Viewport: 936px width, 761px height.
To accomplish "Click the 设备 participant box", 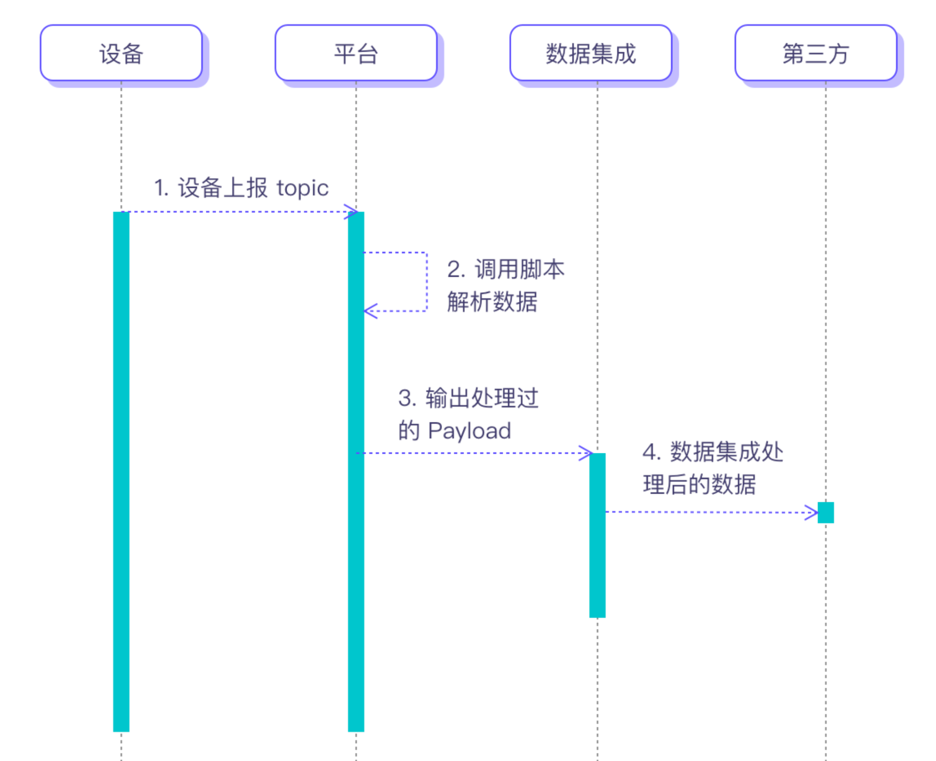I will pos(121,53).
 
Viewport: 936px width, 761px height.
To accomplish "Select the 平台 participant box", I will pos(356,53).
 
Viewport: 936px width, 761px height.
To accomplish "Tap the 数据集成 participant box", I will pos(591,53).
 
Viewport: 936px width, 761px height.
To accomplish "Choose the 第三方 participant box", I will pos(816,53).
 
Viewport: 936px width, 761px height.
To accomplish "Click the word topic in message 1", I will pos(302,188).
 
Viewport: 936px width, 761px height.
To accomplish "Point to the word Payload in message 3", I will pos(469,431).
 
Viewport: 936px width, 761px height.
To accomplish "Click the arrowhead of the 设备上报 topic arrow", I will pos(351,212).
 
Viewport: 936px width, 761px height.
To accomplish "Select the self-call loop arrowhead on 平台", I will pos(370,311).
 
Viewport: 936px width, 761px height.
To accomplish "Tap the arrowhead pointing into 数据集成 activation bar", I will pos(585,453).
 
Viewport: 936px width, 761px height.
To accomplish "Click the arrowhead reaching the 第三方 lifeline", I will pos(812,513).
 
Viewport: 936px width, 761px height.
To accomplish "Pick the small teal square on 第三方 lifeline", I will pos(826,513).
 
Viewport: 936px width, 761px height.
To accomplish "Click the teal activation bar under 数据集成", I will pos(597,536).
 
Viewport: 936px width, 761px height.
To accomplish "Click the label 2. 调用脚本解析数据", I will pos(505,285).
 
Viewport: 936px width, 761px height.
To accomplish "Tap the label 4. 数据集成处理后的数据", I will pos(712,468).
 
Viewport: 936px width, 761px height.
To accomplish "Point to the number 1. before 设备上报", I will pos(161,188).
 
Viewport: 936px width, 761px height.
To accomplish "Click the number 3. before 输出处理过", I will pos(407,398).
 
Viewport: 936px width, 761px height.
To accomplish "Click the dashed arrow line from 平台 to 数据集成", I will pos(470,453).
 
